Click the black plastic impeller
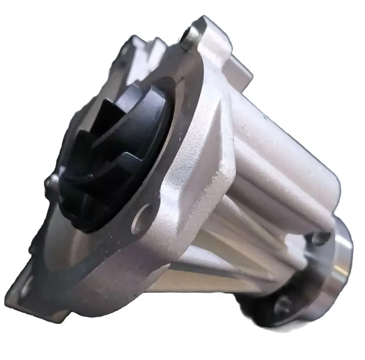[x=115, y=153]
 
